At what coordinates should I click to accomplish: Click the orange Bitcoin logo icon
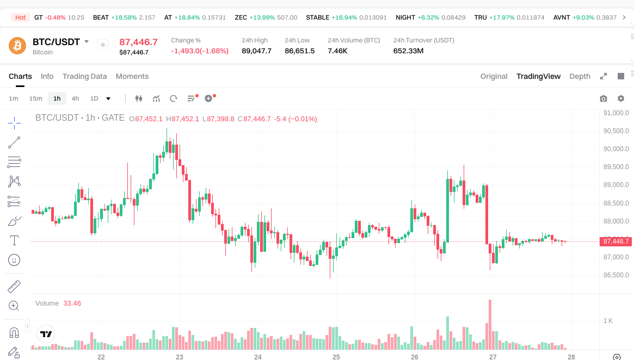17,46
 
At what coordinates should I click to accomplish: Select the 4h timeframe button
75,98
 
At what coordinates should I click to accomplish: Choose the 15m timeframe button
35,98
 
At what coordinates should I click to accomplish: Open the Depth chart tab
580,76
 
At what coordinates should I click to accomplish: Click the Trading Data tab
84,76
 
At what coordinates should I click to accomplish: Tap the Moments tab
132,76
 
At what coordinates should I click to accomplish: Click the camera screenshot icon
603,98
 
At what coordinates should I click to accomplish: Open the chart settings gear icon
620,98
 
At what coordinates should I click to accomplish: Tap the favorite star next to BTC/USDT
103,45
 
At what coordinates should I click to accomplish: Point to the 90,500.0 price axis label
616,131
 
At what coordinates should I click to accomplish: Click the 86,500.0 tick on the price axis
616,275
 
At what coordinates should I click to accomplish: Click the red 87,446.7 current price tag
616,241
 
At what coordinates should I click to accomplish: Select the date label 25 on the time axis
336,357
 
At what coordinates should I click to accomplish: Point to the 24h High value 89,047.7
256,51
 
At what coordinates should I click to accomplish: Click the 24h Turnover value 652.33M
408,51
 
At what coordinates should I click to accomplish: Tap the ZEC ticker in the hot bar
241,17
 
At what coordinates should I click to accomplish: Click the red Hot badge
20,17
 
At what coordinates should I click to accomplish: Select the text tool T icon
14,240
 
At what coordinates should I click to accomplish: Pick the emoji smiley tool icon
14,260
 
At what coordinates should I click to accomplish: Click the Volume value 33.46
72,303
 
